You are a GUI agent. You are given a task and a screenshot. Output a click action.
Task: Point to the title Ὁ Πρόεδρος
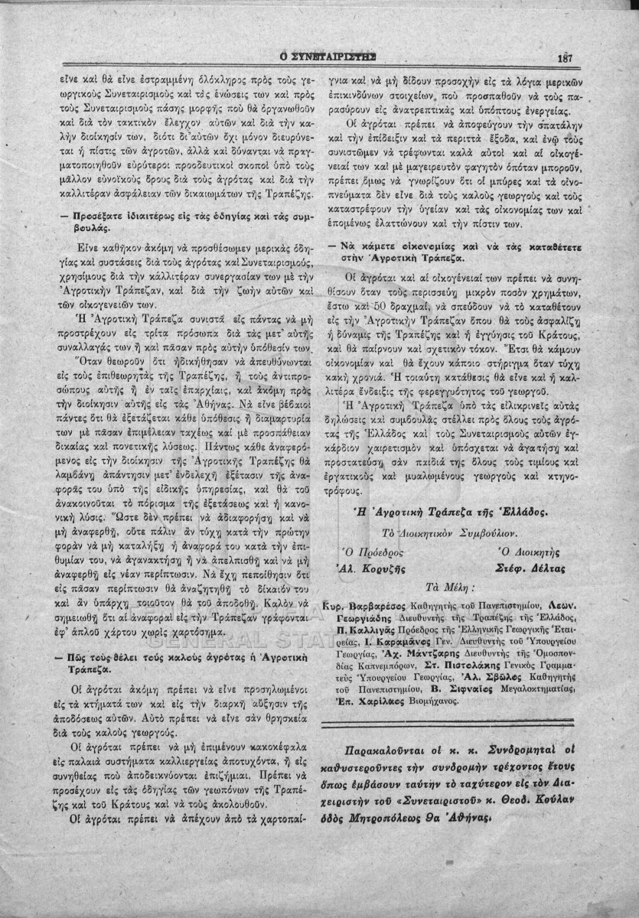click(371, 552)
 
